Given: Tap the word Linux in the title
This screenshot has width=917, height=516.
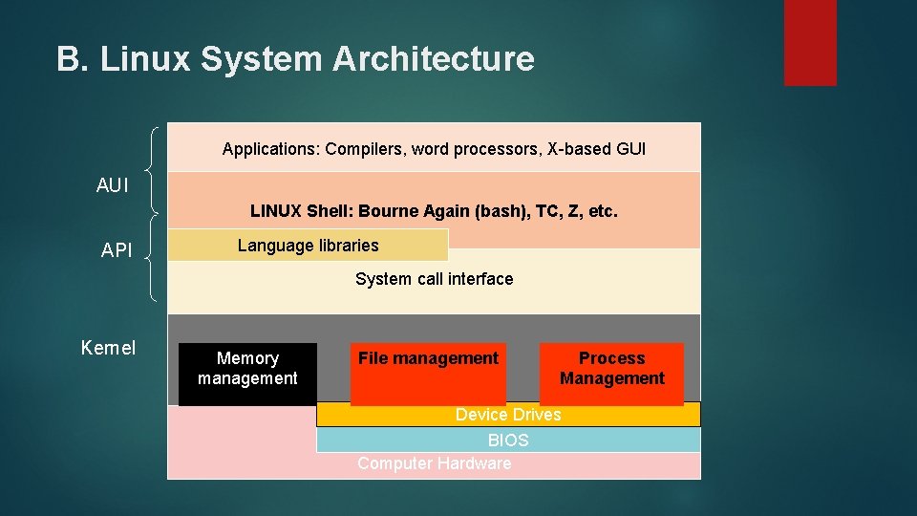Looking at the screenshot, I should pos(146,59).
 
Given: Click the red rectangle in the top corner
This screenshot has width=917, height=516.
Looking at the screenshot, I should pos(810,42).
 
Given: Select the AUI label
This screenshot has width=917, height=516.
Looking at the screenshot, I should pos(113,186).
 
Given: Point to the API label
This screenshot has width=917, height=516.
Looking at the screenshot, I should pos(117,250).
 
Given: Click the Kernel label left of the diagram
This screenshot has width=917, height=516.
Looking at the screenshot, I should pos(108,348).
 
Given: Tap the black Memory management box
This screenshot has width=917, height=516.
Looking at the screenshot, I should pos(247,374).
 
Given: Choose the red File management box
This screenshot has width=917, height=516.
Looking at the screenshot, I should pos(428,374).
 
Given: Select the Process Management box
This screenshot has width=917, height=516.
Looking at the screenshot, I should pos(611,374).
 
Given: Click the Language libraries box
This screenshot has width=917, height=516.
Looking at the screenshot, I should pos(308,246).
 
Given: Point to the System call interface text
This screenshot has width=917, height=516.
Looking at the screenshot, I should pos(434,279).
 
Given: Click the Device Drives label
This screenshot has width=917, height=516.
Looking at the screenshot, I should pos(508,414).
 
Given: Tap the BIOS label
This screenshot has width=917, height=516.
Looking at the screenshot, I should pos(508,441).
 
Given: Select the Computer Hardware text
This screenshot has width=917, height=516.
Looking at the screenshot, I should pos(434,463).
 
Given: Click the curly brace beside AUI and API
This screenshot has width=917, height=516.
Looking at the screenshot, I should pos(154,215).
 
